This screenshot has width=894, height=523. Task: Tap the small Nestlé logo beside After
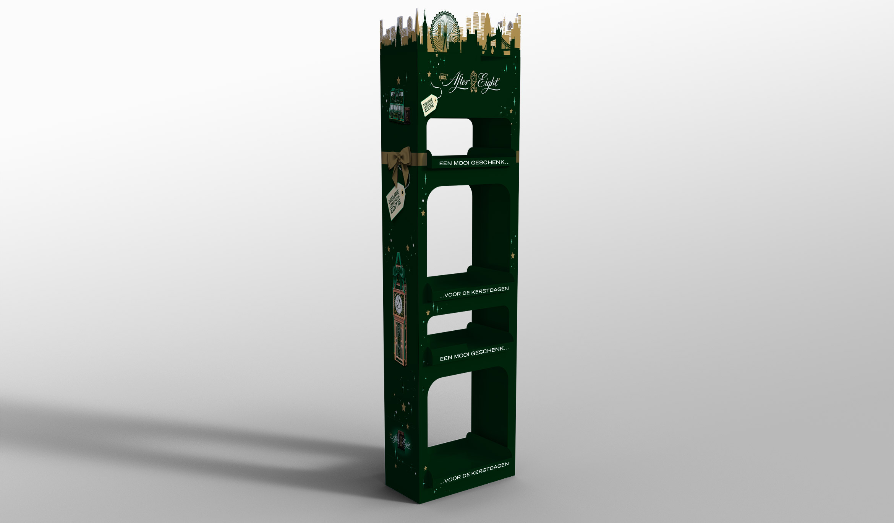(443, 77)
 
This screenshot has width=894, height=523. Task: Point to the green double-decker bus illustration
(397, 105)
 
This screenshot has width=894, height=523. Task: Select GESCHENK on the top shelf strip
(490, 162)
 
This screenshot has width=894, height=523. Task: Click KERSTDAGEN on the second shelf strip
(490, 291)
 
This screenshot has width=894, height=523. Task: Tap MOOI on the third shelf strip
(461, 356)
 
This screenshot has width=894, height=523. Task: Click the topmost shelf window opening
(450, 136)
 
